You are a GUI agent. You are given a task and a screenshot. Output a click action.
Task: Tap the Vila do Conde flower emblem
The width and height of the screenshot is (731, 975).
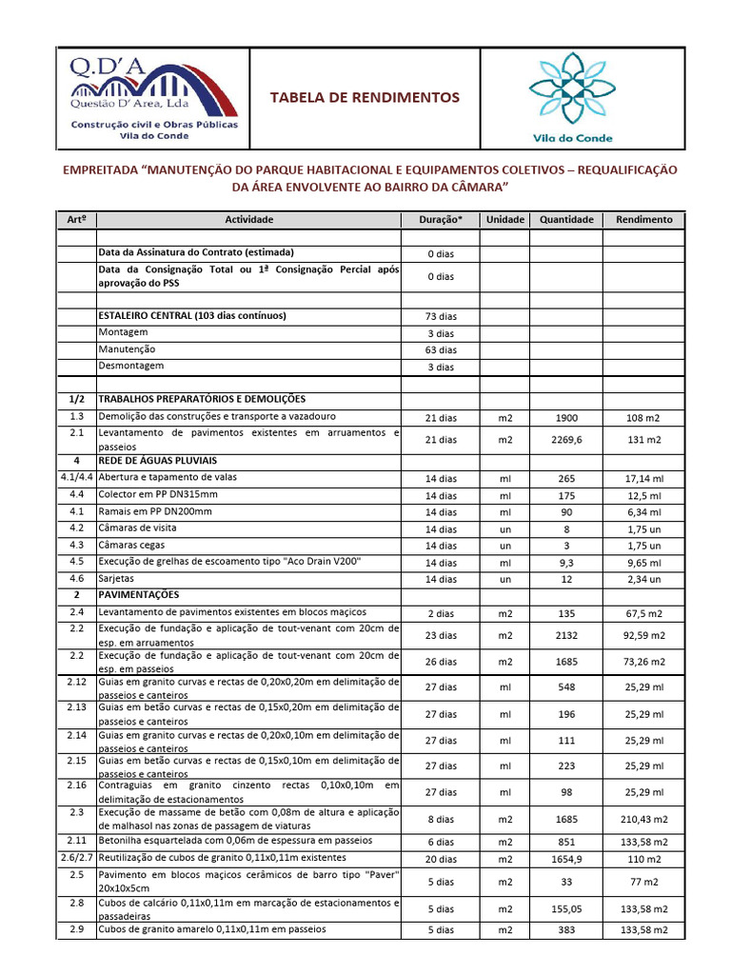(x=570, y=90)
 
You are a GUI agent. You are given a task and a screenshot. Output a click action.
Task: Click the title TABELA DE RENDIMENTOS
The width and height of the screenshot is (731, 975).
(x=365, y=98)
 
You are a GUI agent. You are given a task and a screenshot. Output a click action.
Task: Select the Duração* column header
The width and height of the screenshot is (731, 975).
(x=440, y=219)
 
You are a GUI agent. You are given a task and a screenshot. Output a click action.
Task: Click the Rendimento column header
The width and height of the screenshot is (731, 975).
(x=643, y=219)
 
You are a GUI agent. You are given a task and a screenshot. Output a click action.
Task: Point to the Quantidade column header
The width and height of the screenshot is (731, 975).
(x=566, y=219)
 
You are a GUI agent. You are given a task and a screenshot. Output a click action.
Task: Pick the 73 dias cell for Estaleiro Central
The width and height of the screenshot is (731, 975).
(x=440, y=316)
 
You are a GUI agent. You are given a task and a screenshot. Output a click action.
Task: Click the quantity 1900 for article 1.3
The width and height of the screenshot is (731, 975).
(x=566, y=418)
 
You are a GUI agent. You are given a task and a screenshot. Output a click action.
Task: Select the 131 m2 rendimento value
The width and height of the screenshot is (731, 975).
(x=643, y=440)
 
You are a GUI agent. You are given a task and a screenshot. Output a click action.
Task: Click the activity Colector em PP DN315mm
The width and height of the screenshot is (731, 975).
(x=158, y=495)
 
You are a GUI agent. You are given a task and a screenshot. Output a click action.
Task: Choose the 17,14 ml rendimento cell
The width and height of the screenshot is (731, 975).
(x=643, y=478)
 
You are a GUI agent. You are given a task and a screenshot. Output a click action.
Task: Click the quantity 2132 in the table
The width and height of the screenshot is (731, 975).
(x=566, y=635)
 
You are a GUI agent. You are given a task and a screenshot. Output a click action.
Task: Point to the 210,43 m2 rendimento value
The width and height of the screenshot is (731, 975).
(x=643, y=818)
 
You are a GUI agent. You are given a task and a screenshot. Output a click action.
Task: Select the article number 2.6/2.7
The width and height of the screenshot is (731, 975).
(x=76, y=858)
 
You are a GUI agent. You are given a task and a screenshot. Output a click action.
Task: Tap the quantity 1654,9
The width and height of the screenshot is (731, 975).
(x=566, y=859)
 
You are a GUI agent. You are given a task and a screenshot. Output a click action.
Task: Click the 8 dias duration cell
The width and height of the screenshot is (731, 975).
(x=440, y=818)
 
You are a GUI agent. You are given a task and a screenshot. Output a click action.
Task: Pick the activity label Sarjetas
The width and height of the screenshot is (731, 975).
(x=117, y=578)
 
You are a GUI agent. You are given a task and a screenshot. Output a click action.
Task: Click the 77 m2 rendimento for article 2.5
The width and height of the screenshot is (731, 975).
(x=643, y=882)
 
